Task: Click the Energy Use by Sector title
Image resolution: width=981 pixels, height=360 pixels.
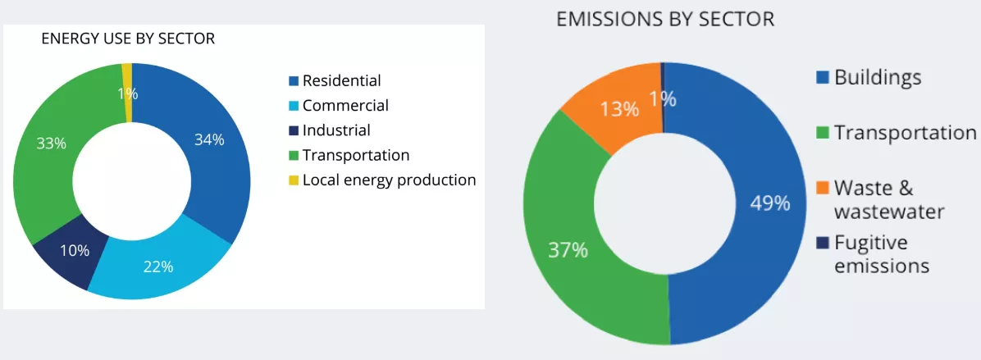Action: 128,39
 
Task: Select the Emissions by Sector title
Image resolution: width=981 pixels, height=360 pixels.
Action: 664,19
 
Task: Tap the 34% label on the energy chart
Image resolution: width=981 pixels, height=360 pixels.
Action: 209,139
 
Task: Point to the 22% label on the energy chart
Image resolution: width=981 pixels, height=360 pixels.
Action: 158,266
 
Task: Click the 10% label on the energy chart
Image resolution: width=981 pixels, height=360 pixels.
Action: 75,250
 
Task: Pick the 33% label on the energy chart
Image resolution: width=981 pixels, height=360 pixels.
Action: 51,143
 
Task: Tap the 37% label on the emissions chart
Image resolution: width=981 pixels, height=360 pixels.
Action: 568,250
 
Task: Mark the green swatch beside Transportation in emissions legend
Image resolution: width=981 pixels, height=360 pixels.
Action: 822,133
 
